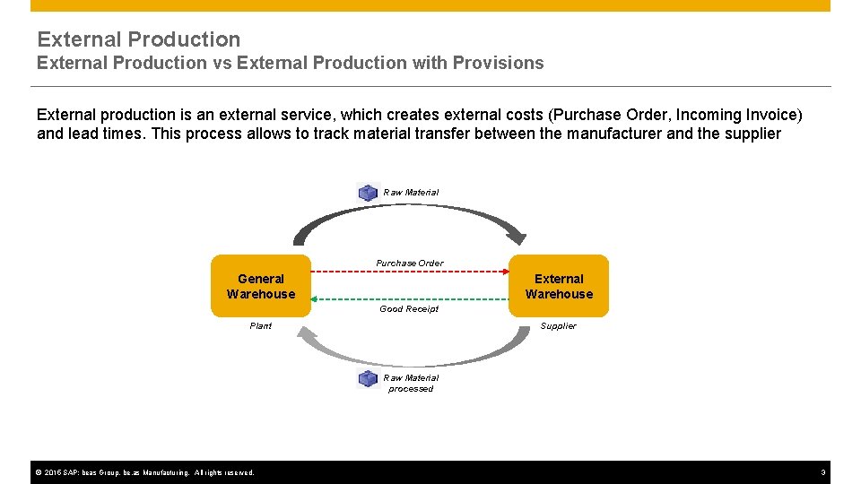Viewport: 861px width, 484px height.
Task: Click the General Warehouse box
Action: (x=260, y=286)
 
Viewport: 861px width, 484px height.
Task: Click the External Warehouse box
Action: (x=559, y=286)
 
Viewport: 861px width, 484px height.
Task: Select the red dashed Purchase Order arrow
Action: (x=410, y=271)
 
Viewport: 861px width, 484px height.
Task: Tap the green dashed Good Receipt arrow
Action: (x=410, y=299)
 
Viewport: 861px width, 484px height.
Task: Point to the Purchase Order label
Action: (x=410, y=263)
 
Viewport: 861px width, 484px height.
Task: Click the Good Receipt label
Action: (x=409, y=309)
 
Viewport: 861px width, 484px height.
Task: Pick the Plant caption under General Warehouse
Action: (x=260, y=326)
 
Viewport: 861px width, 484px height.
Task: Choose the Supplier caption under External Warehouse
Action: (x=558, y=326)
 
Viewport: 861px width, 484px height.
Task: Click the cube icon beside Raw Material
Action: (x=368, y=192)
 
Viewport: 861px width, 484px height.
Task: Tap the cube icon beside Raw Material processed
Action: (x=368, y=378)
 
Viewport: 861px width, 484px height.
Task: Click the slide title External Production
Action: (x=139, y=39)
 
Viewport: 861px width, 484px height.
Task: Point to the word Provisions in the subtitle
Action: (x=498, y=63)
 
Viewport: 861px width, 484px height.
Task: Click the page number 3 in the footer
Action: (x=822, y=472)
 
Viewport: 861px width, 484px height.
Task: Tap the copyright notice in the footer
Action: (x=143, y=472)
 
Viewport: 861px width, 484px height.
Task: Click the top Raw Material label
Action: (x=411, y=192)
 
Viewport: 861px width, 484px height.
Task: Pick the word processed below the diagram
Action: (x=411, y=389)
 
